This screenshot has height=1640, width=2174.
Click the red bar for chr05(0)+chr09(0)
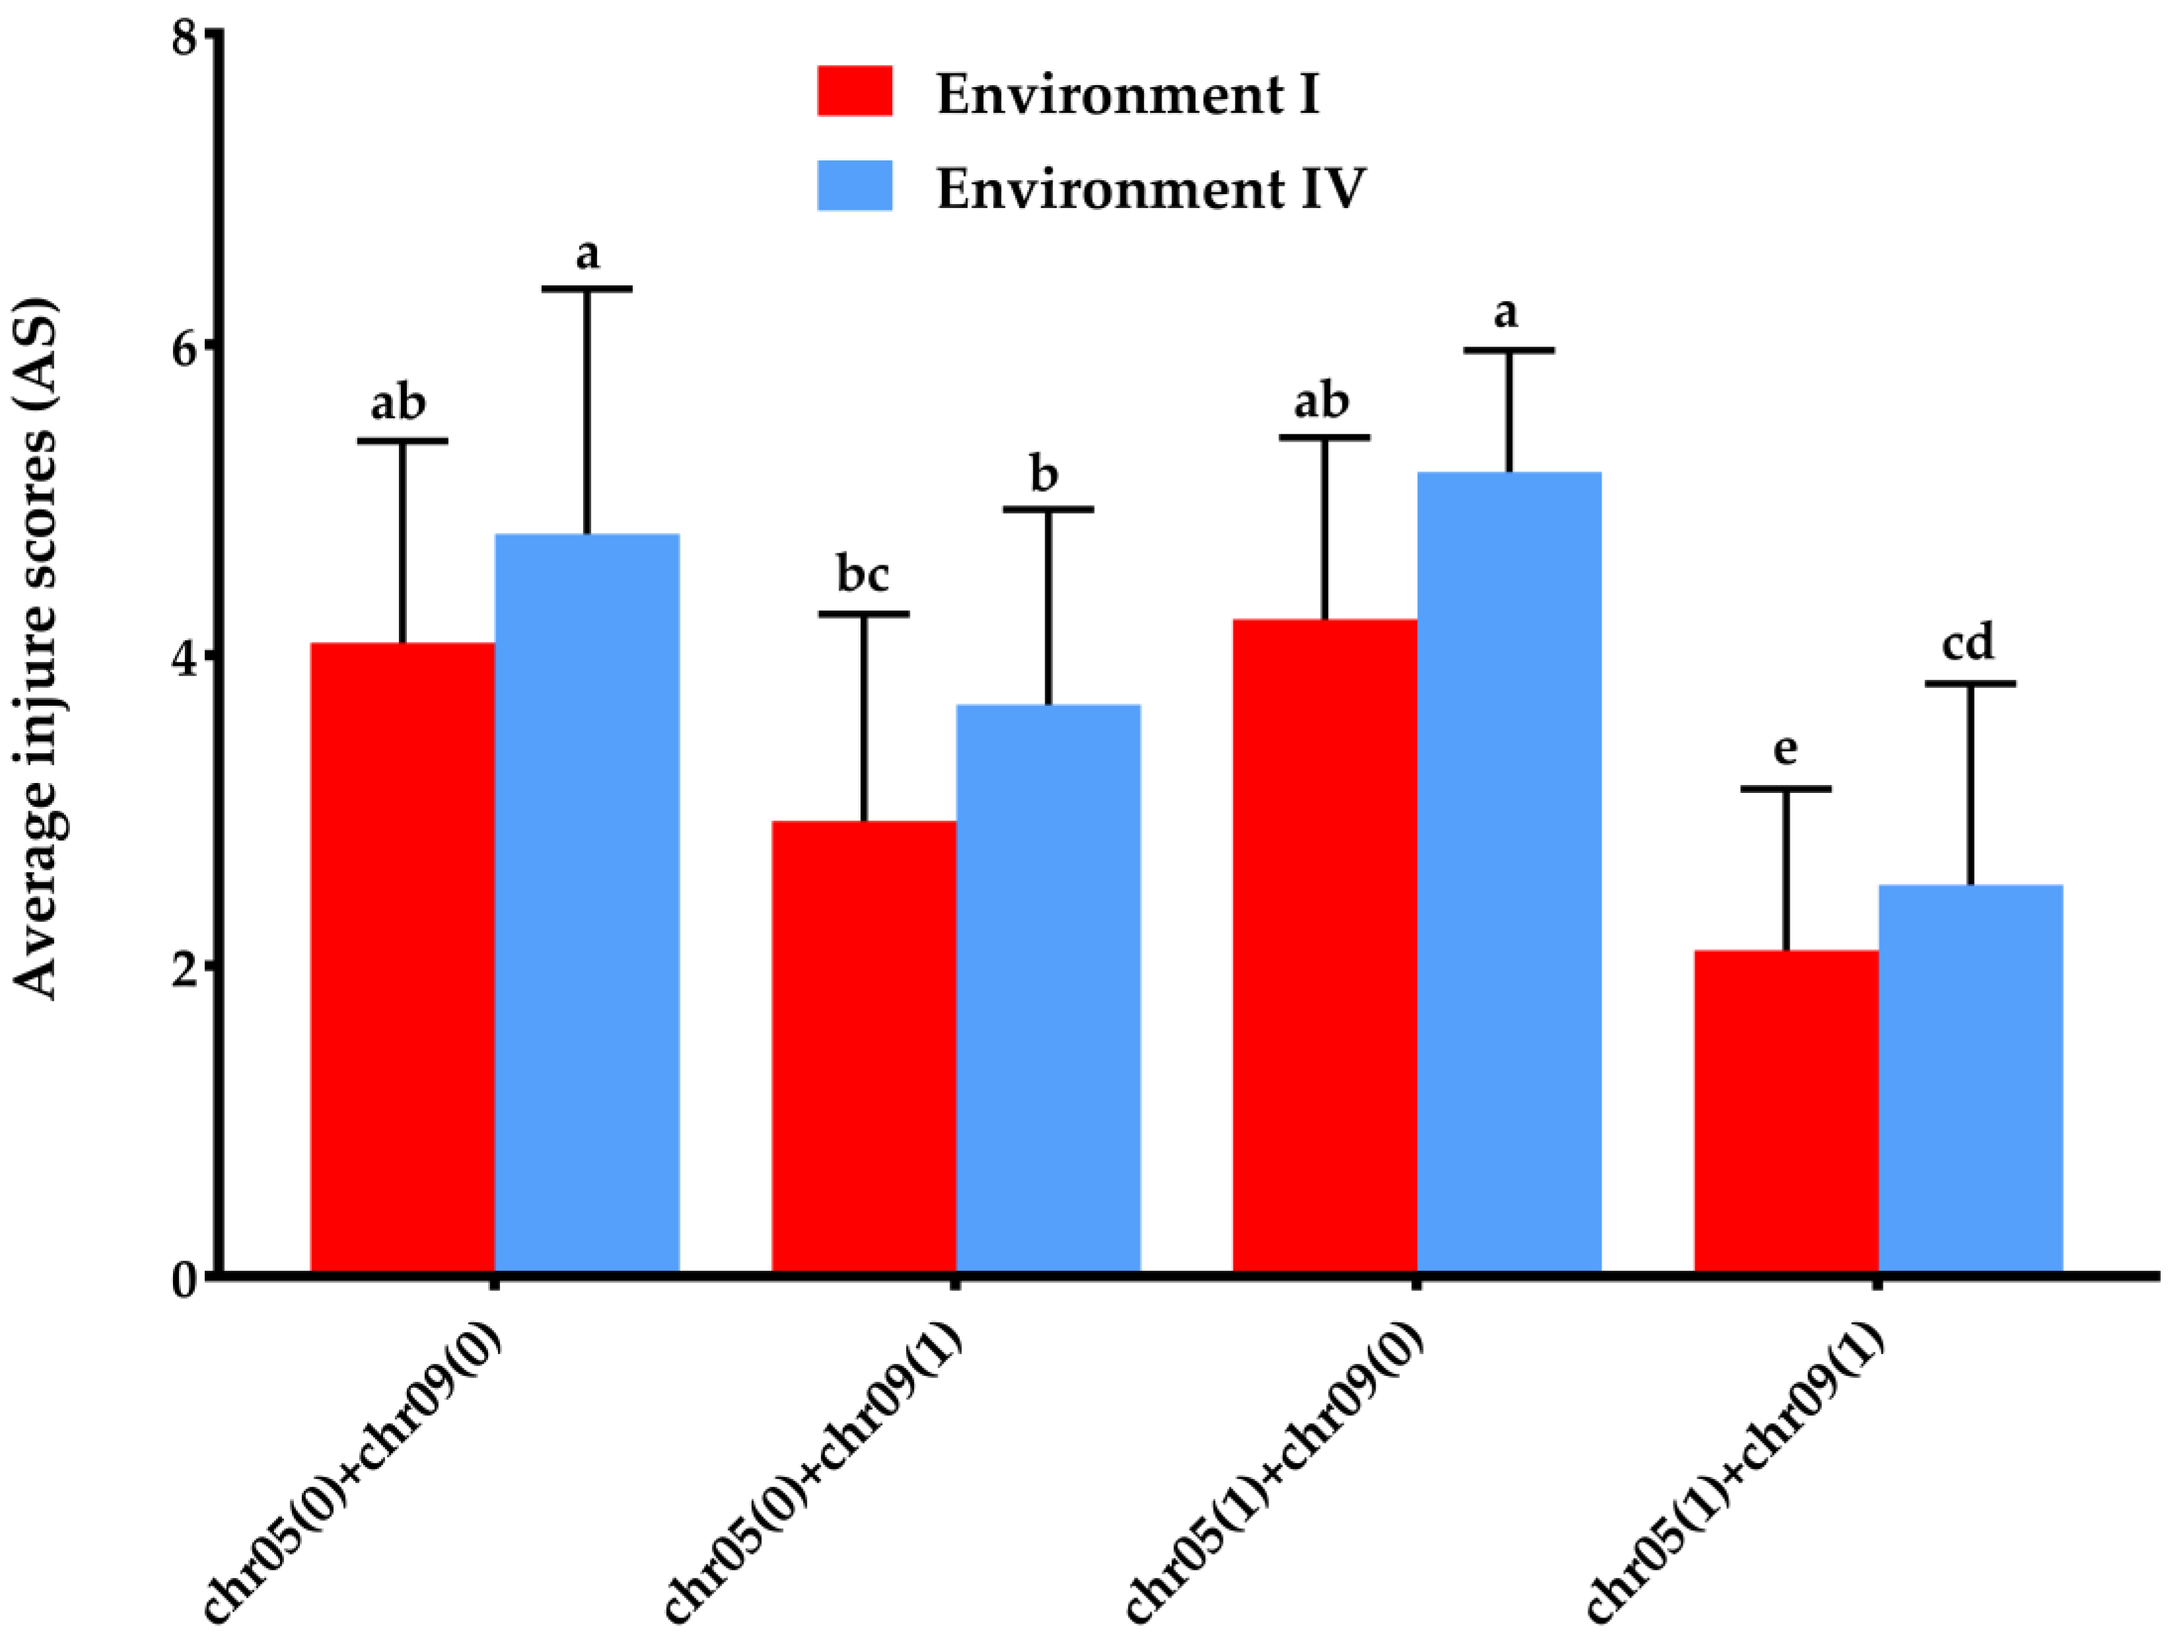(402, 958)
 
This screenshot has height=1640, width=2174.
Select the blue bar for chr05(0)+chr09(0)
(586, 904)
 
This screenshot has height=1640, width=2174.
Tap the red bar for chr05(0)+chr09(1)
(864, 1046)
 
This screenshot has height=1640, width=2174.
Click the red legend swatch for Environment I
(854, 91)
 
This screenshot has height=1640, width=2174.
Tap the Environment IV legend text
(1150, 189)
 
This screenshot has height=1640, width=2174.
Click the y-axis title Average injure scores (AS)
(38, 648)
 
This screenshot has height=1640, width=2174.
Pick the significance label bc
(863, 575)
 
